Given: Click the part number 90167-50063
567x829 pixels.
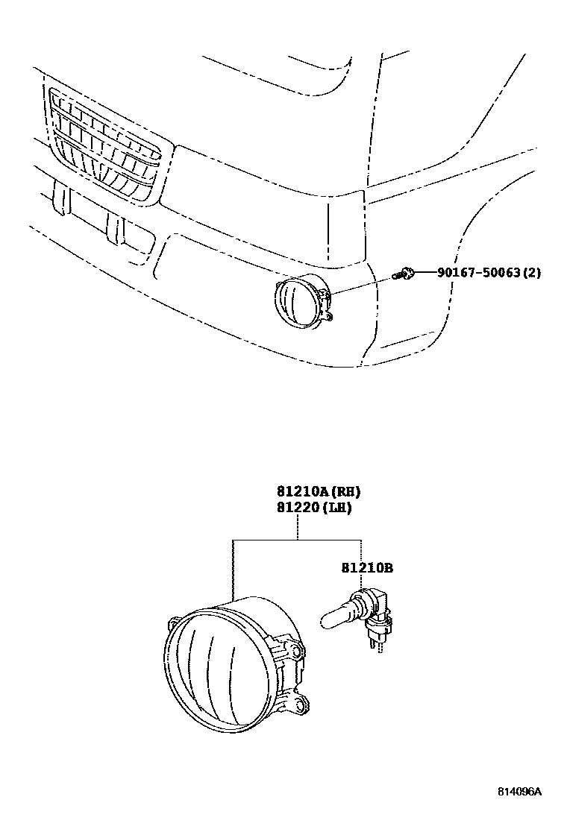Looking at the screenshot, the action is pos(478,273).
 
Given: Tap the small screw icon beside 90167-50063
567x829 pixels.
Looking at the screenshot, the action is pos(406,274).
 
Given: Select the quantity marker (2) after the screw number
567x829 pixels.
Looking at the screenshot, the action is pos(531,273).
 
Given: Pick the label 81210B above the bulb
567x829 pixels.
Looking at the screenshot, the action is pos(367,568).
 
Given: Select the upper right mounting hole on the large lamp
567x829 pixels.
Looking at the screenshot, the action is pos(298,652).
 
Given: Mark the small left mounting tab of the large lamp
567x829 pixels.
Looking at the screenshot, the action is pos(174,621).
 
